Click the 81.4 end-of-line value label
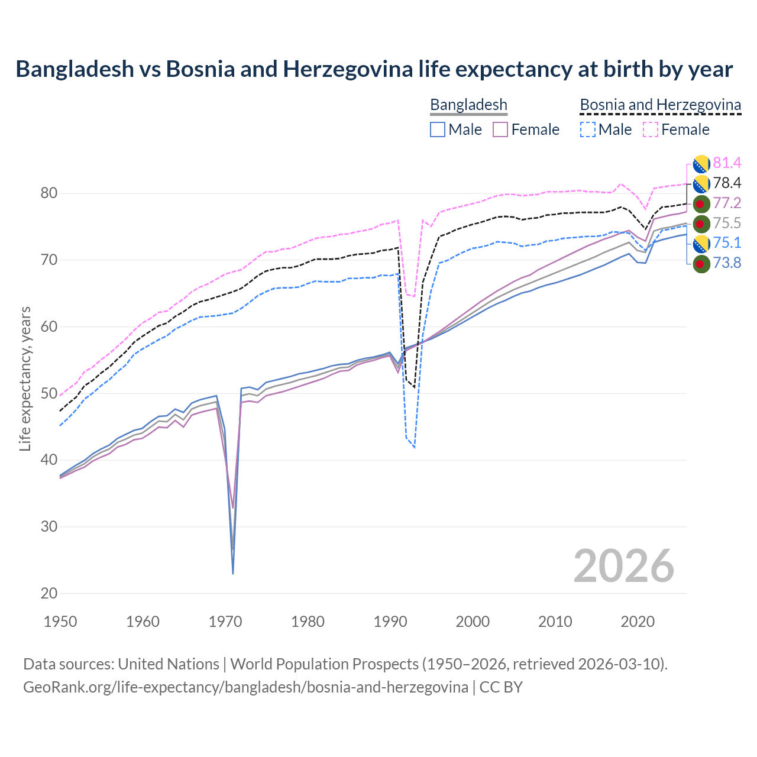click(727, 163)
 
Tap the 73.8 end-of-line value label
click(727, 263)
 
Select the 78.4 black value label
click(727, 183)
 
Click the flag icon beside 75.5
click(701, 224)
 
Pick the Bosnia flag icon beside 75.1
click(701, 243)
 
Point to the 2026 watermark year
click(623, 566)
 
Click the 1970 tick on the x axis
click(225, 622)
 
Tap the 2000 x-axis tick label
click(473, 622)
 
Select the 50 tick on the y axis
click(49, 393)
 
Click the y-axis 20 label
click(49, 593)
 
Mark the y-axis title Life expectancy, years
click(25, 378)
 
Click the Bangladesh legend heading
click(468, 105)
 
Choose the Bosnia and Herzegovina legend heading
click(660, 105)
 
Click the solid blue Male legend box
click(438, 130)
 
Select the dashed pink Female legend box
click(650, 130)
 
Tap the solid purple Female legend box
click(500, 130)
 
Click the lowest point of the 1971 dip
click(233, 573)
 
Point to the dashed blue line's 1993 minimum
click(415, 448)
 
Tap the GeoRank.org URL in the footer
click(245, 687)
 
